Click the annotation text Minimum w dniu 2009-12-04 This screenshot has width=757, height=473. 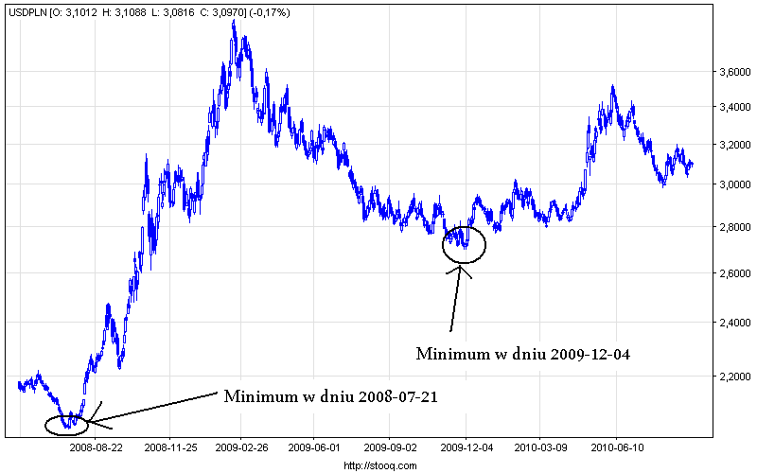click(523, 354)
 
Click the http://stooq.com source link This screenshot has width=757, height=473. click(378, 464)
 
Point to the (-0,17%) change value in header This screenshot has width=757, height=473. click(268, 12)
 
